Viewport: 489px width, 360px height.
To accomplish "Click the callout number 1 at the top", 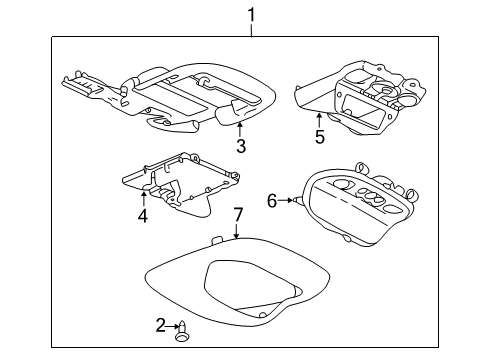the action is coord(251,15).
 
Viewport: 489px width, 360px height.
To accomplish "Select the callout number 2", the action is coord(161,325).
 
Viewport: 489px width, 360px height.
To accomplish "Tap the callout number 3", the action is coord(241,146).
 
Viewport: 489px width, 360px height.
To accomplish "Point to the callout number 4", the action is coord(143,216).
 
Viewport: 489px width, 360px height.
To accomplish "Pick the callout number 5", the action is coord(320,137).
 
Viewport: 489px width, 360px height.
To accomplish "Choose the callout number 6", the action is coord(272,201).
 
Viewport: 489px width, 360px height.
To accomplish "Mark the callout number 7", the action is coord(238,215).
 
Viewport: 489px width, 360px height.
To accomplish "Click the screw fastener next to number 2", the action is coord(182,331).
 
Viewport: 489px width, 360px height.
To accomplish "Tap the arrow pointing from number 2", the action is coord(173,326).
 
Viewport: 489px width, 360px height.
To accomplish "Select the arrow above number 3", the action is coord(239,130).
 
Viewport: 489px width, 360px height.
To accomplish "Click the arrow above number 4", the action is coord(144,198).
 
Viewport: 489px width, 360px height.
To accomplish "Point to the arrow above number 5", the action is coord(319,121).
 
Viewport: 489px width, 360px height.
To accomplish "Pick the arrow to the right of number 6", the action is coord(285,200).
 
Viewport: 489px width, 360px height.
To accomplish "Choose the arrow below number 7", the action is coord(236,231).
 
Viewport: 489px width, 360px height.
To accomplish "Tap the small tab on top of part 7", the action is coord(218,240).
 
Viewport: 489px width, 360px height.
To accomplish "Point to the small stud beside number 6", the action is coord(295,200).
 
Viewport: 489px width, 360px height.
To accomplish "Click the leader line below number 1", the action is coord(251,30).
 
